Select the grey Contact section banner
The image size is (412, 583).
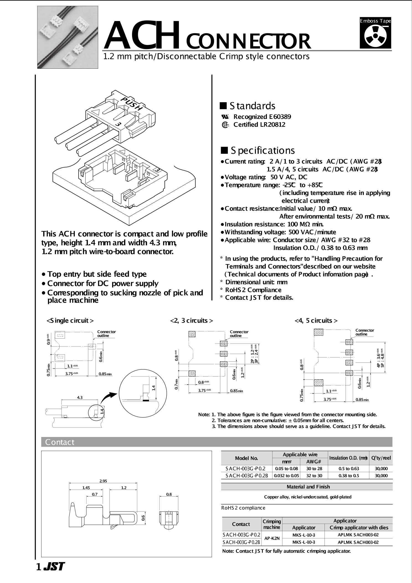pos(217,442)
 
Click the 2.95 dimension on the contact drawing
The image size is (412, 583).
pos(103,481)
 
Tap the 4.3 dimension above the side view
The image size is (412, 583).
pos(79,397)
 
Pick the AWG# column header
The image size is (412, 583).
pos(314,462)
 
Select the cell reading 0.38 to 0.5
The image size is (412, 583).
pos(349,476)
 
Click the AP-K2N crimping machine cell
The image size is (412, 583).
pos(272,538)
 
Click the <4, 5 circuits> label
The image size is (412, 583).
pos(316,321)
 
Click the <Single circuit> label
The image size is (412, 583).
pos(70,321)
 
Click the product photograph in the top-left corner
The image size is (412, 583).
pos(68,38)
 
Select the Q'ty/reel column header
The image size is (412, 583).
pos(381,458)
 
